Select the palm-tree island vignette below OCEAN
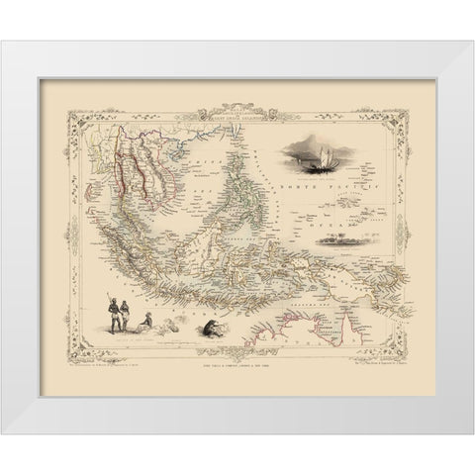351,210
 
